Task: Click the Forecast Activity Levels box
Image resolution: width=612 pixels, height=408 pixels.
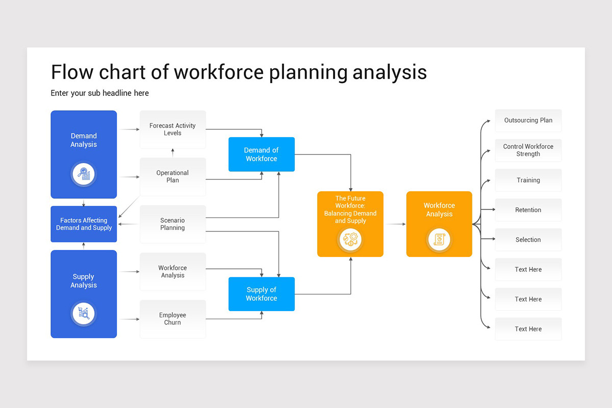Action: click(x=172, y=130)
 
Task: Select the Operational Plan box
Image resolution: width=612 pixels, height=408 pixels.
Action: click(x=172, y=176)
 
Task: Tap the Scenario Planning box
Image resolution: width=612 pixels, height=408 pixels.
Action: click(x=172, y=224)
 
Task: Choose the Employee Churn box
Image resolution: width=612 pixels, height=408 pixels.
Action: click(x=172, y=319)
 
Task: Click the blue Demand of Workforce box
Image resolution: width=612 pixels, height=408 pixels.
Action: click(x=261, y=155)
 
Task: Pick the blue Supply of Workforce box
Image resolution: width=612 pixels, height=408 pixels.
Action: click(x=261, y=294)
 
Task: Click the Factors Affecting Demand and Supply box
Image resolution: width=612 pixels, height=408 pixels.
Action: click(x=84, y=224)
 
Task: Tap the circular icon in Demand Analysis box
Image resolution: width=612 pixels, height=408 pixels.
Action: click(x=83, y=174)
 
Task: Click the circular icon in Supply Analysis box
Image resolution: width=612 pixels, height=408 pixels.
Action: click(x=83, y=313)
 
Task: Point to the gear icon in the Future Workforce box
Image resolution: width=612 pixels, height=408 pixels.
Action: click(x=350, y=239)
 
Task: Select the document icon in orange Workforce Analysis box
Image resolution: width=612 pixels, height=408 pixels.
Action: click(x=439, y=239)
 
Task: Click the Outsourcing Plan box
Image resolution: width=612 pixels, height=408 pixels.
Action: click(x=528, y=120)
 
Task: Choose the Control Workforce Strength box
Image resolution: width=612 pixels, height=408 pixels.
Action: click(x=528, y=150)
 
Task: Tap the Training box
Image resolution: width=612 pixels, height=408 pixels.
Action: click(x=528, y=180)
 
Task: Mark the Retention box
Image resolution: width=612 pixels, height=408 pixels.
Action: click(x=528, y=210)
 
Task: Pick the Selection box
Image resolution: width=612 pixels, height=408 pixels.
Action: click(x=528, y=240)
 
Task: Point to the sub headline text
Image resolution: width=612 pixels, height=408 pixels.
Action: click(x=99, y=93)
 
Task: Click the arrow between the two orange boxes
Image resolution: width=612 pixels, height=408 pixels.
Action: click(x=395, y=224)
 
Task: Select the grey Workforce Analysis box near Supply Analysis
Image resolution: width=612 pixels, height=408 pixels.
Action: click(x=172, y=271)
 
